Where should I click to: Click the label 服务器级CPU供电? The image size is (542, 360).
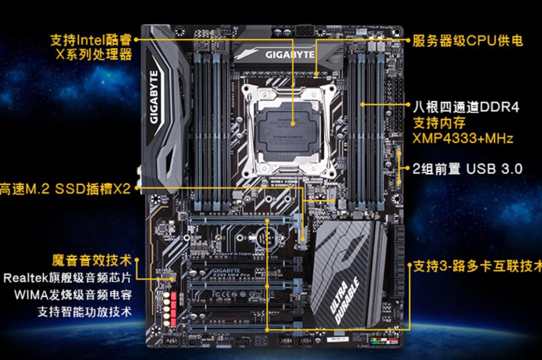pyautogui.click(x=467, y=40)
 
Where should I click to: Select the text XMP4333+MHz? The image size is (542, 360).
pyautogui.click(x=463, y=138)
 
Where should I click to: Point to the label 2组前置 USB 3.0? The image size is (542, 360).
pyautogui.click(x=467, y=169)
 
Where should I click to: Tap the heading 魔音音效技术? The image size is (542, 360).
pyautogui.click(x=92, y=260)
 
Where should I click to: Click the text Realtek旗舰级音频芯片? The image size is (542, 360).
pyautogui.click(x=68, y=278)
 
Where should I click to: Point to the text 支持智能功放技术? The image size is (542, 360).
pyautogui.click(x=85, y=311)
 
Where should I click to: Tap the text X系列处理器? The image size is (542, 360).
pyautogui.click(x=94, y=54)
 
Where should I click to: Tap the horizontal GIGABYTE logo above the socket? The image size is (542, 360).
pyautogui.click(x=290, y=54)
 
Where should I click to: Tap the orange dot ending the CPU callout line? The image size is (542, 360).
pyautogui.click(x=294, y=122)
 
